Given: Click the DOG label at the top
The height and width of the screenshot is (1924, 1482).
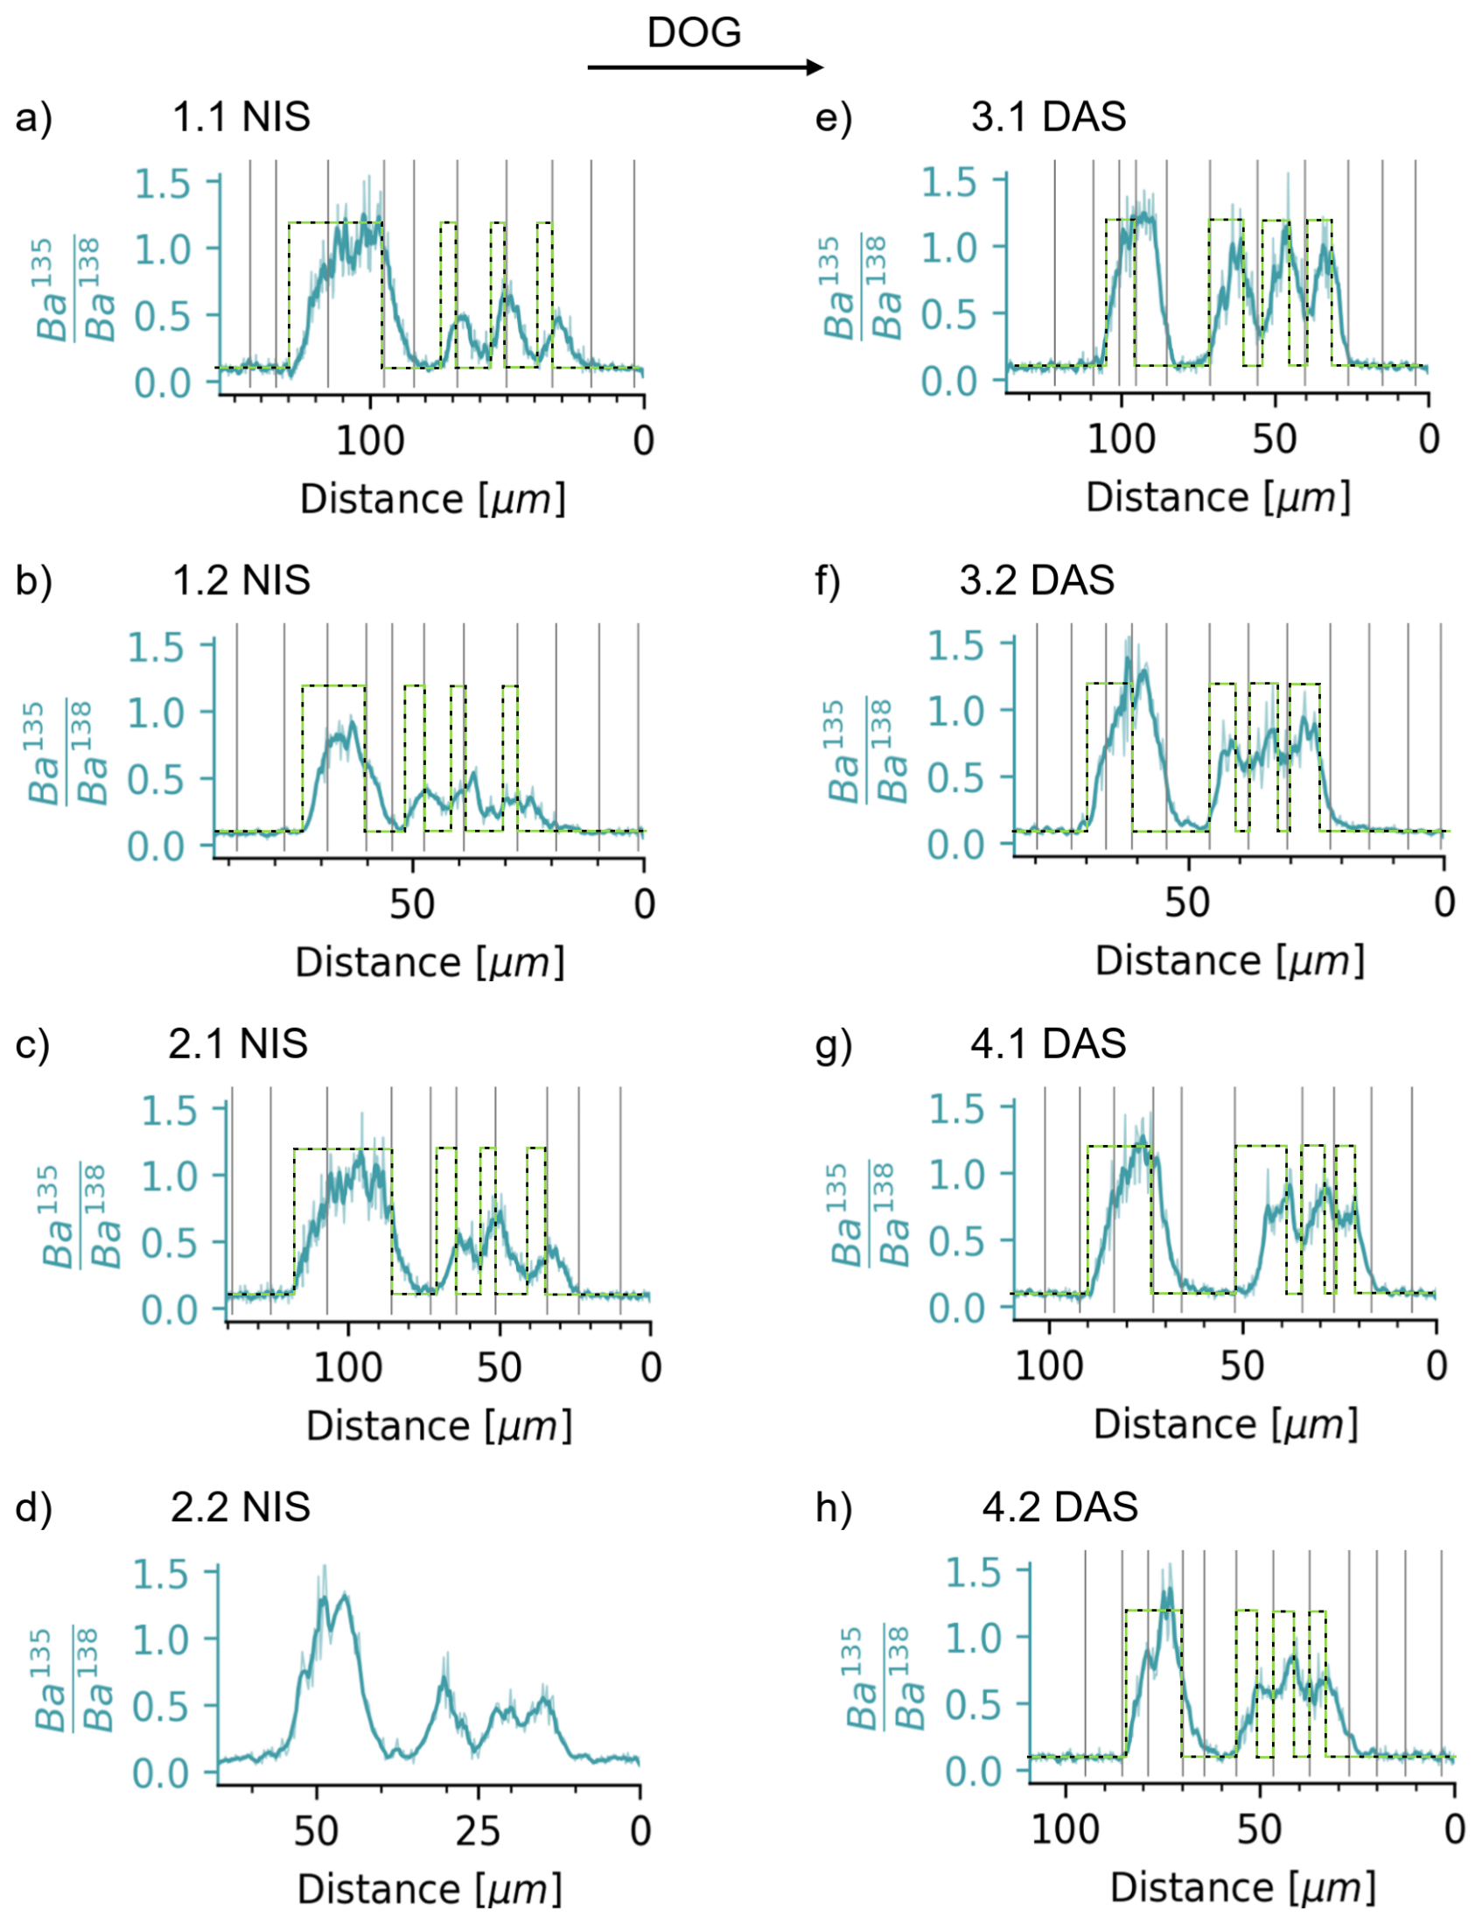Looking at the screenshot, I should point(694,33).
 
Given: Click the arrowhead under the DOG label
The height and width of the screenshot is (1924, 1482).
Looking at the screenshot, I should point(814,67).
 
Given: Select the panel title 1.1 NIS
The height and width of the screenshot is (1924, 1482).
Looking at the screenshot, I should point(241,117).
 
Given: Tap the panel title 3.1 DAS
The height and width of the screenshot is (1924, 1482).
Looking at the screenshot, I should point(1048,117).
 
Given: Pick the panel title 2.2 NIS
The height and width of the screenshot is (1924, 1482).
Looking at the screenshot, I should point(240,1507).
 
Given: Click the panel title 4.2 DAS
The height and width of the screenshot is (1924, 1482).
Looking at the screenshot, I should point(1059,1507).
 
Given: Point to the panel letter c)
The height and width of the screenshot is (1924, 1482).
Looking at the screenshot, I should point(32,1045).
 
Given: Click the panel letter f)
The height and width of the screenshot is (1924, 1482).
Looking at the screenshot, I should point(828,581).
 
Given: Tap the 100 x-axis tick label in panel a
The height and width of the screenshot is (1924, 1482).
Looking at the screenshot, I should point(370,440).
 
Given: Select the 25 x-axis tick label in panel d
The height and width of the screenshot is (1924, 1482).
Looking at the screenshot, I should point(479,1831).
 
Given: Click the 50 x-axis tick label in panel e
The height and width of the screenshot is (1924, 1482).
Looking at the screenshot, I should point(1274,439).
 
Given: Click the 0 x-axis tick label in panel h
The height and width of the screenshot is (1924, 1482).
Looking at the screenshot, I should point(1454,1829).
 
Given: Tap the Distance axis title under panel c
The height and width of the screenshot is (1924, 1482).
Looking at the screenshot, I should point(438,1426).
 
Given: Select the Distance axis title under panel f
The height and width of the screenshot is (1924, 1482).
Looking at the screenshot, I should point(1229,961).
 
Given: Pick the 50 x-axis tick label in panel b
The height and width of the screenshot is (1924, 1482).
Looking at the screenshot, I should point(411,905).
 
